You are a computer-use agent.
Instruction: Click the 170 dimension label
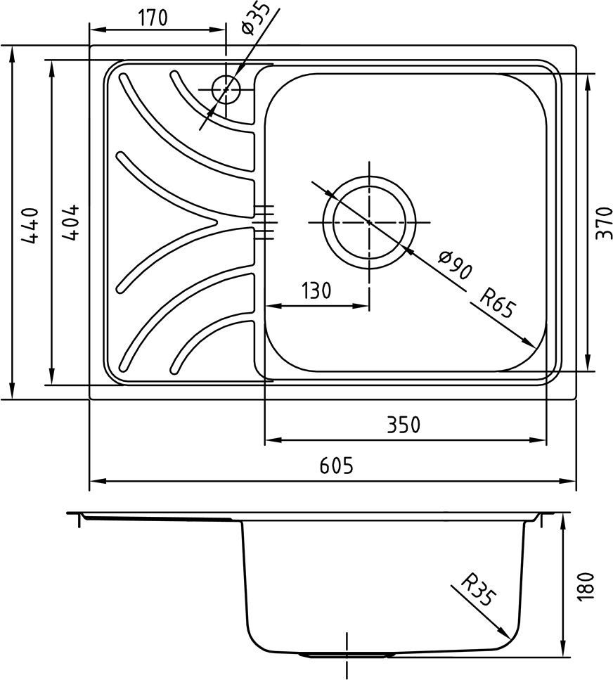152,18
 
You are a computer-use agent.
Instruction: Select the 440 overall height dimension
30,224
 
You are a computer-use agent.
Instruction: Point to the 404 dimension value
70,222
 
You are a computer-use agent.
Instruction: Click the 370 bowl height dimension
604,222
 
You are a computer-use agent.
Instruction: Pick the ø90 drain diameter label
454,264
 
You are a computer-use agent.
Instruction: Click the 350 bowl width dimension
404,425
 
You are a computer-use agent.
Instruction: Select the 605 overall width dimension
337,466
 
